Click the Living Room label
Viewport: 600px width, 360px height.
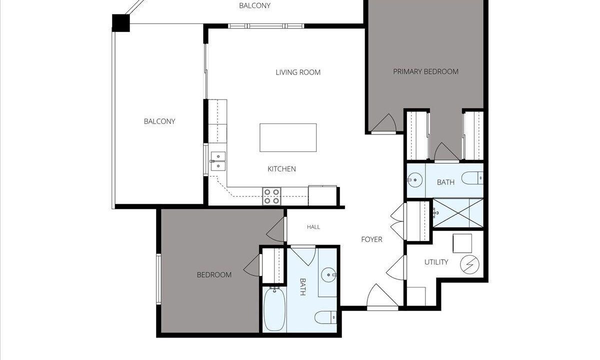pyautogui.click(x=298, y=72)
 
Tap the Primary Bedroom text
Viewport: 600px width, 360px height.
pyautogui.click(x=425, y=71)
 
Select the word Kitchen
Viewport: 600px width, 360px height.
pyautogui.click(x=282, y=169)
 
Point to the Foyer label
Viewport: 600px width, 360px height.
pyautogui.click(x=371, y=239)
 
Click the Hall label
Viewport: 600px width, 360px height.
pyautogui.click(x=313, y=227)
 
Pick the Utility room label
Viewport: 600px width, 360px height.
pyautogui.click(x=436, y=262)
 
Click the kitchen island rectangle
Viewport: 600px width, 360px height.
pyautogui.click(x=288, y=137)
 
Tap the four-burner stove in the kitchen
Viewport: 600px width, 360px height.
pyautogui.click(x=271, y=196)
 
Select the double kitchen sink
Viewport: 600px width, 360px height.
pyautogui.click(x=218, y=161)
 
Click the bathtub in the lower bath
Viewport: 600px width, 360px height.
pyautogui.click(x=274, y=309)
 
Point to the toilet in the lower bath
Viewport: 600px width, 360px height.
pyautogui.click(x=325, y=317)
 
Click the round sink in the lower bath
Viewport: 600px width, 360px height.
pyautogui.click(x=328, y=275)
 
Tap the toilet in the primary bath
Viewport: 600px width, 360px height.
pyautogui.click(x=472, y=178)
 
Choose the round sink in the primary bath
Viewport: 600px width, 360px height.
pyautogui.click(x=414, y=179)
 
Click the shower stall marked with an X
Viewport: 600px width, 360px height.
pyautogui.click(x=458, y=213)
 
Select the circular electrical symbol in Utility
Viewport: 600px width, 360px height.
pyautogui.click(x=469, y=264)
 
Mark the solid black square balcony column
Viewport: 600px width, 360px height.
pyautogui.click(x=121, y=23)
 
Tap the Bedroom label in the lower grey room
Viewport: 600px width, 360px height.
pyautogui.click(x=214, y=275)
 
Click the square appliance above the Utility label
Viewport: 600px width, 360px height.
pyautogui.click(x=462, y=243)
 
